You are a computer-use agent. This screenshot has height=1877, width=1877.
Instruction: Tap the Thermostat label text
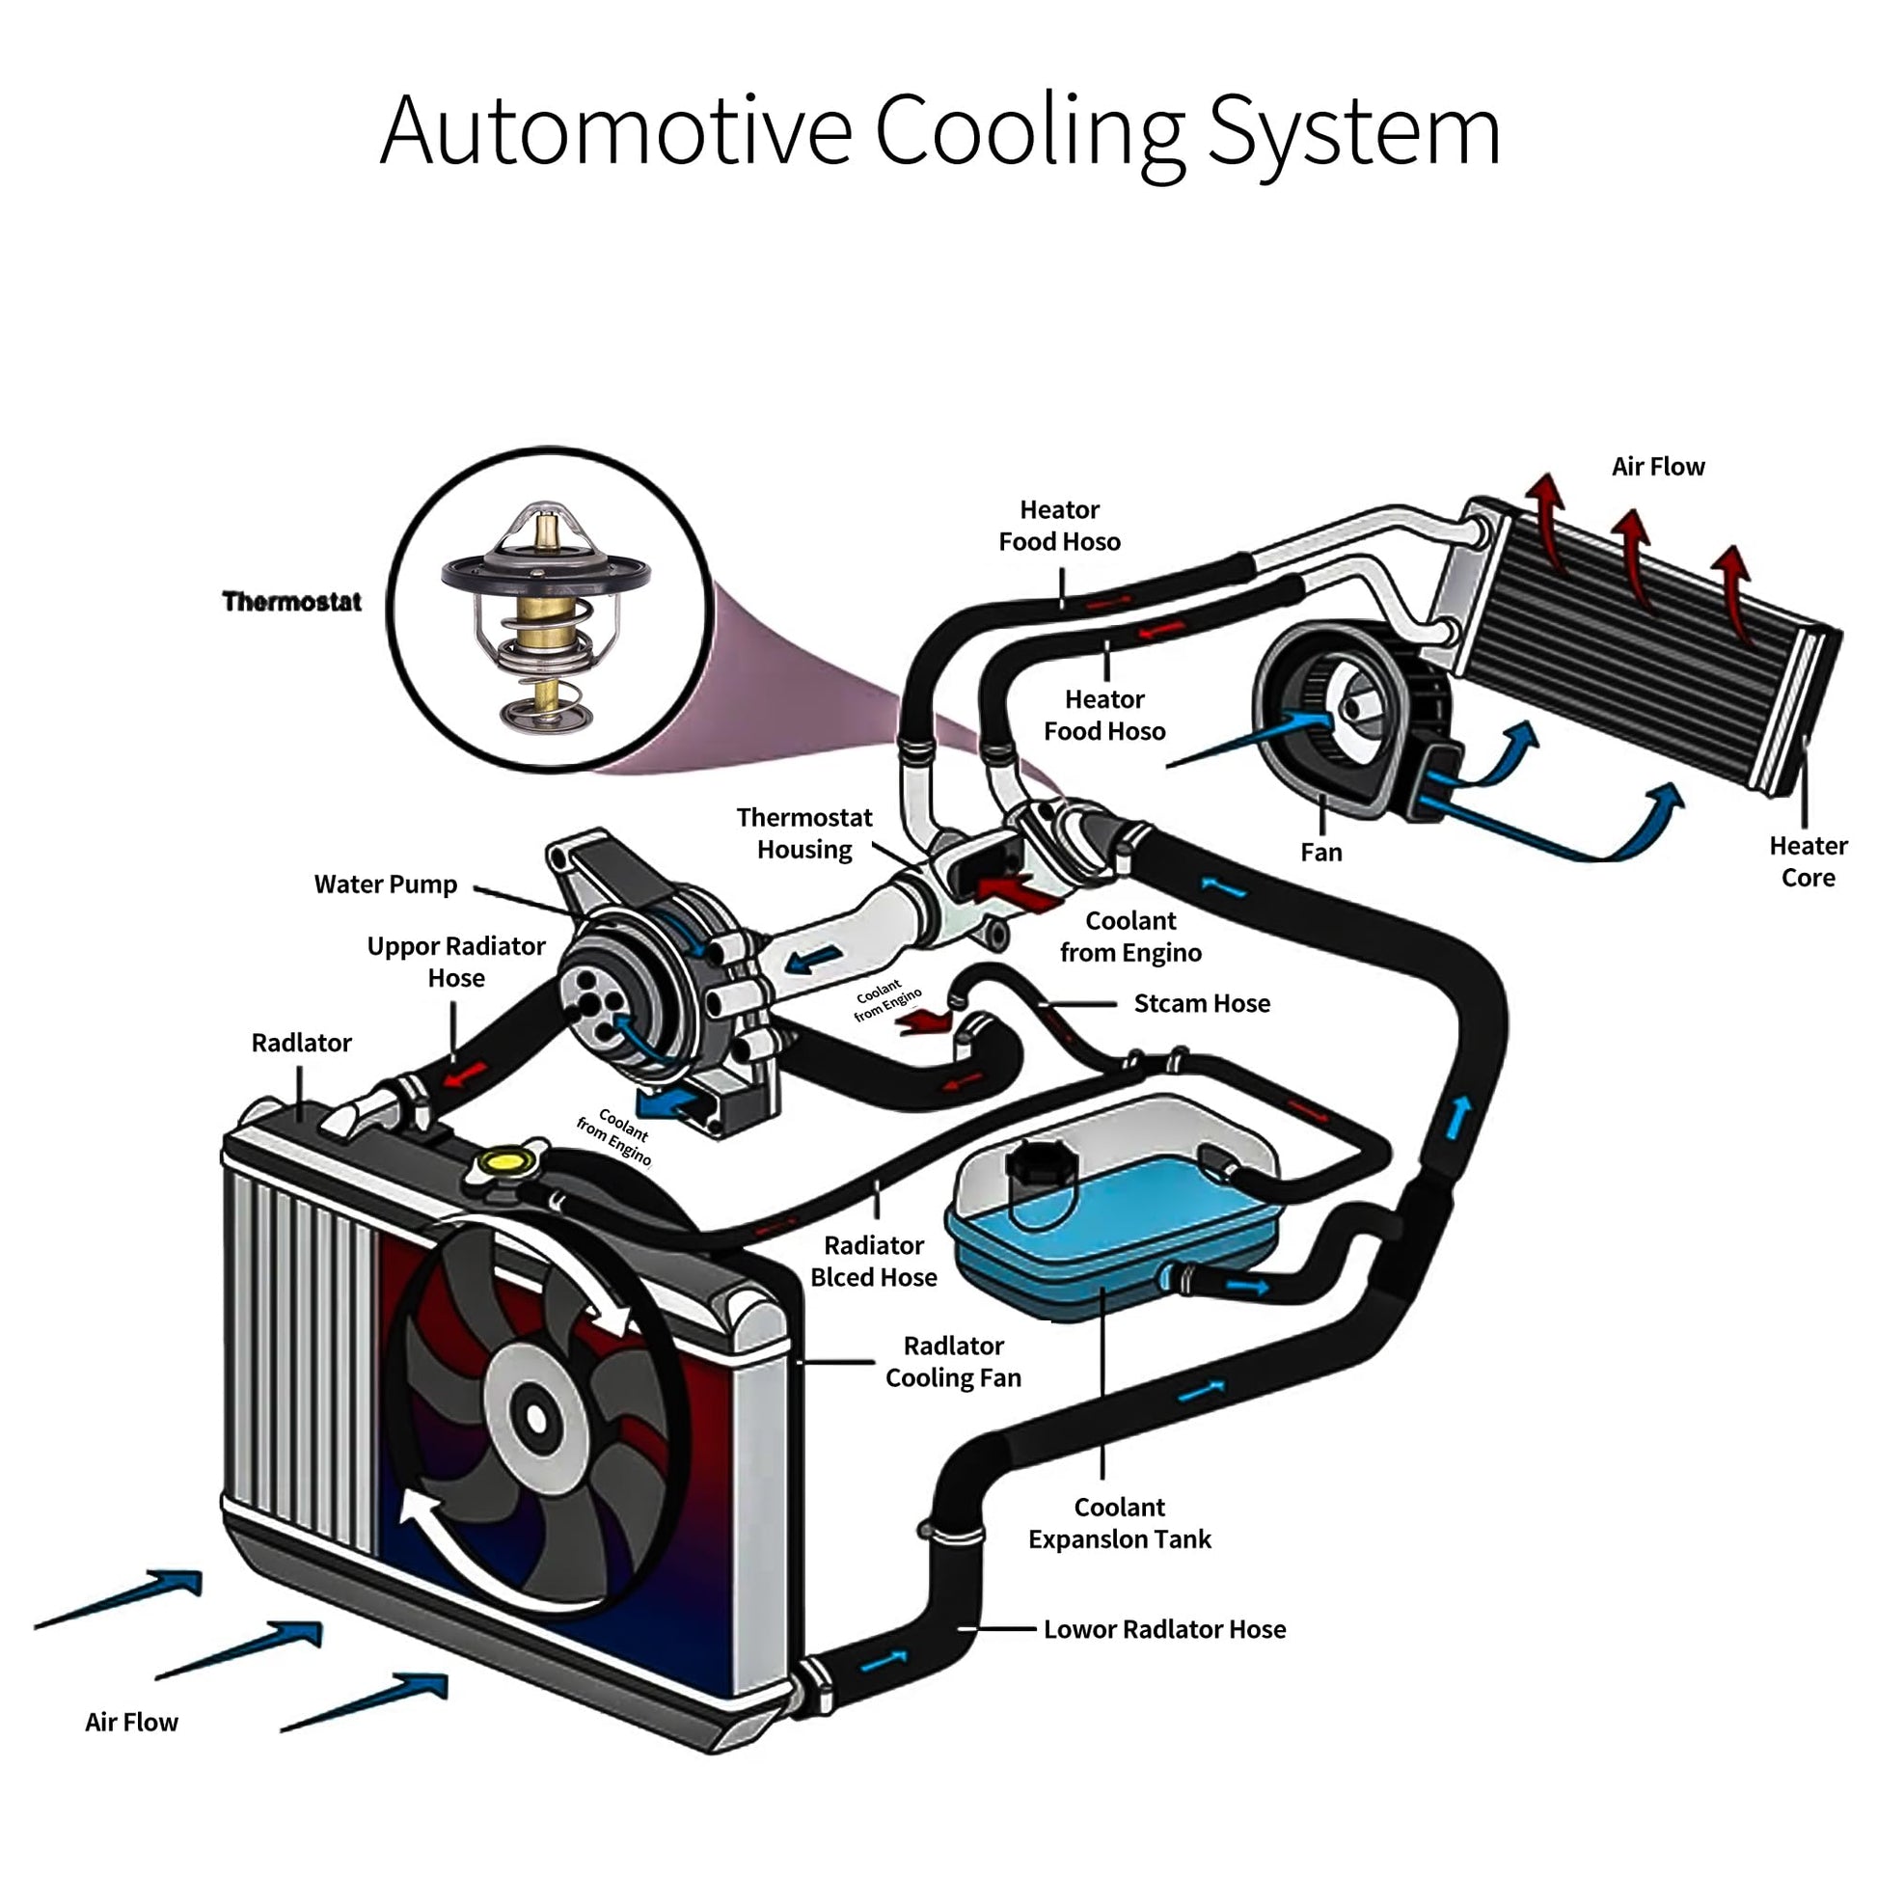point(291,601)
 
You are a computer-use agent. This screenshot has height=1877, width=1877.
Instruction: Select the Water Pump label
point(385,884)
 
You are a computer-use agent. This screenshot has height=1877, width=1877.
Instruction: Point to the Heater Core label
point(1807,861)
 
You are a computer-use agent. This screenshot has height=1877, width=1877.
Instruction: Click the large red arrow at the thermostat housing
point(1016,890)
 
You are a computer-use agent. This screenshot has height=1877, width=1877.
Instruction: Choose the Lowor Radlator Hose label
point(1164,1629)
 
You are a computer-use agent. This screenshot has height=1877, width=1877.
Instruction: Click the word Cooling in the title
point(1030,132)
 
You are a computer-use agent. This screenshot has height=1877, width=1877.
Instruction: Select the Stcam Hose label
point(1201,1003)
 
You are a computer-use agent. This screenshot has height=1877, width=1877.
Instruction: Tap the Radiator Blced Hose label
point(874,1261)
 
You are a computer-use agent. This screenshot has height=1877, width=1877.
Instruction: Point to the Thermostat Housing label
point(803,833)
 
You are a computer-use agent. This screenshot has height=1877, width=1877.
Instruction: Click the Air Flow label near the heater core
point(1657,467)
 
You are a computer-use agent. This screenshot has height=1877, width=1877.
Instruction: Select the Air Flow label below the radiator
point(131,1723)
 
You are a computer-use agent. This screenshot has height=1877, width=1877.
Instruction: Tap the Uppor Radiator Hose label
point(455,962)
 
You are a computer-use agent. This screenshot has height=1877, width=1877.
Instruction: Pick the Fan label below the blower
point(1320,853)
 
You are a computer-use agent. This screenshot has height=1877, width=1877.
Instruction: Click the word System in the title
point(1353,132)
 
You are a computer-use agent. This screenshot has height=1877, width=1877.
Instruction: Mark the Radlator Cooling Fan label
point(952,1361)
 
